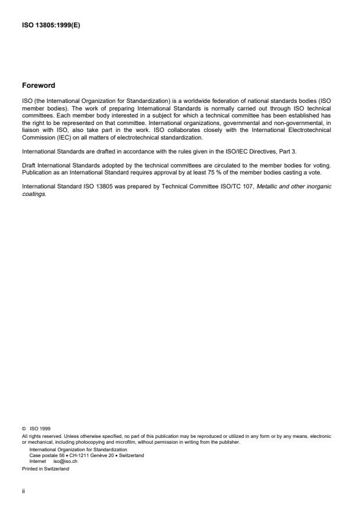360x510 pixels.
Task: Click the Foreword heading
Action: point(38,85)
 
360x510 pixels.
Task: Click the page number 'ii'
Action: point(23,490)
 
